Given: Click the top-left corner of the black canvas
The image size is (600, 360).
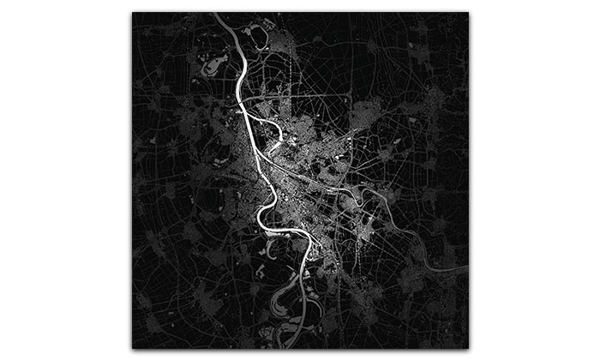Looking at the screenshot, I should pos(133,13).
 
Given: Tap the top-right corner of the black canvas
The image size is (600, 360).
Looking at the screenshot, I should pos(468,13).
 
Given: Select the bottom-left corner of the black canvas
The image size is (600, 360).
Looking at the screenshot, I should pos(133,347).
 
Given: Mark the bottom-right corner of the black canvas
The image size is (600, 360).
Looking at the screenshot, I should pos(468,347).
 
